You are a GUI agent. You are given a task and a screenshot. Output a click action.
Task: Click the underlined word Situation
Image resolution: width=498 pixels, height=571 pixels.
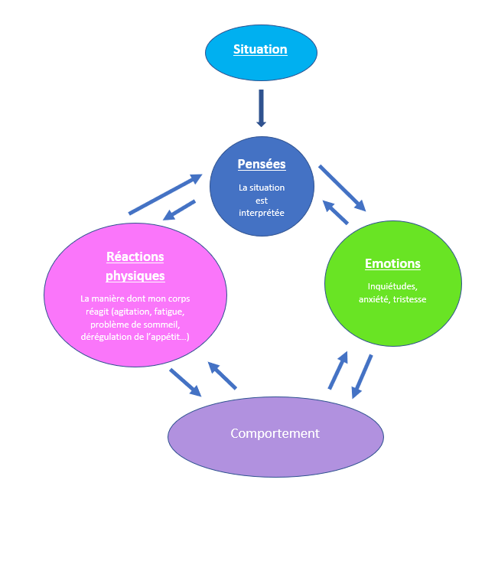coord(260,50)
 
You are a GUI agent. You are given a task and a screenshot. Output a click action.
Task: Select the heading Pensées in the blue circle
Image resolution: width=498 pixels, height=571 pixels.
coord(262,164)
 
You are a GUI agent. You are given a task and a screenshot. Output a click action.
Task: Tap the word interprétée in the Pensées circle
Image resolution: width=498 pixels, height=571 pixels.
coord(262,212)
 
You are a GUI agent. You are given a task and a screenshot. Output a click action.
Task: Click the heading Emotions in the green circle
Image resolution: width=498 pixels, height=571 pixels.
coord(392,264)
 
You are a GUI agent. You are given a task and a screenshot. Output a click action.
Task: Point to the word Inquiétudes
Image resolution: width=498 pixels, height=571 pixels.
coord(392,286)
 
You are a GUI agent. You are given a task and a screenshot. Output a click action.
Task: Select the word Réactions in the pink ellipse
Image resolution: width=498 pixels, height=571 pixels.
coord(135,256)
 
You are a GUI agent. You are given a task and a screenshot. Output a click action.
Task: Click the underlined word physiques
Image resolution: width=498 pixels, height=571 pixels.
coord(135,276)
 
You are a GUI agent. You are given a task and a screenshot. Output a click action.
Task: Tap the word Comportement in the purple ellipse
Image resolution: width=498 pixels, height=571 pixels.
coord(275,433)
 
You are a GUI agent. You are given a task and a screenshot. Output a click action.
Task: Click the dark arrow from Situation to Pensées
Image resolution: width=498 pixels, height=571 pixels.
coord(261,108)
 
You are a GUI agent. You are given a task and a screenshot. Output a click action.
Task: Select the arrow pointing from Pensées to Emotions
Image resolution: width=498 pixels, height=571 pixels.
coord(342,188)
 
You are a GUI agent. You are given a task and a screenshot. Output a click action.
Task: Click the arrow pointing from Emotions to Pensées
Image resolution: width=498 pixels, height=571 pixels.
coord(336,212)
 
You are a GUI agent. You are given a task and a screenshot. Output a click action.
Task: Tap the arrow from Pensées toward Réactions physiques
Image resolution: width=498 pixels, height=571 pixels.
coord(180,209)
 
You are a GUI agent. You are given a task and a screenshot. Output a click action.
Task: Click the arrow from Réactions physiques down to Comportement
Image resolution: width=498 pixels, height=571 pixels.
coord(185,383)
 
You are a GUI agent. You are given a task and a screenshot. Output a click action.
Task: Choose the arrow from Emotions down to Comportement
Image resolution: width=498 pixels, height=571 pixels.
coord(362,377)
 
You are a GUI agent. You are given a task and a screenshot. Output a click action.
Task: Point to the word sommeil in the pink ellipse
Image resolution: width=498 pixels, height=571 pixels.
coord(162,325)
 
